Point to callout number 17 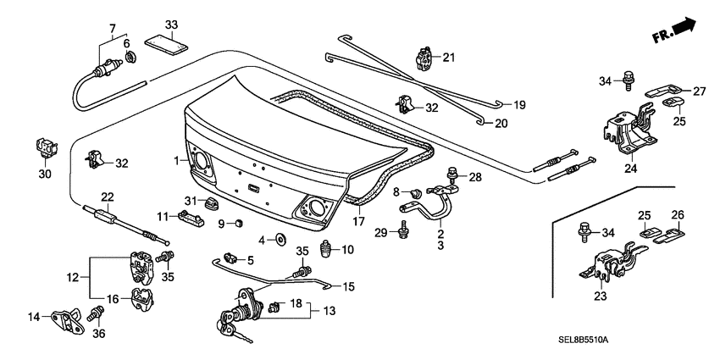tap(360, 223)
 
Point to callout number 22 tap(106, 197)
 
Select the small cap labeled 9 tap(239, 224)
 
